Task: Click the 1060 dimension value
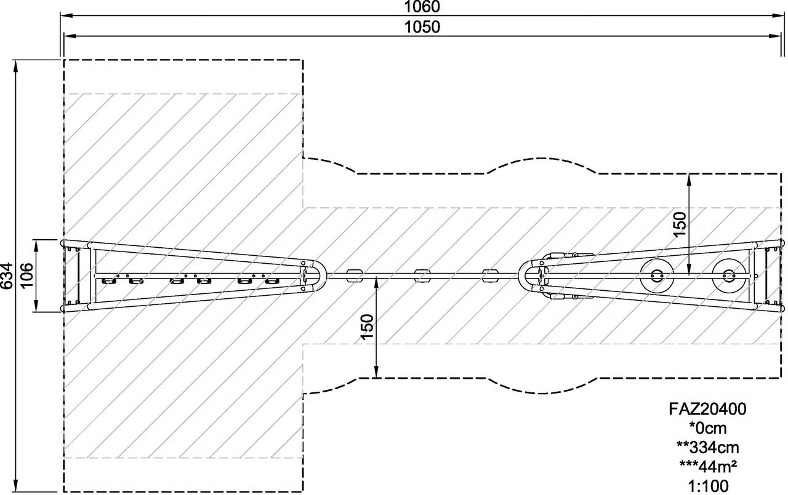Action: pos(422,7)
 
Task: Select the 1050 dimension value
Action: pos(422,27)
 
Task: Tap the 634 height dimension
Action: pos(7,276)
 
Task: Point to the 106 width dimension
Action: pos(27,275)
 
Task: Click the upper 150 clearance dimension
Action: pos(680,225)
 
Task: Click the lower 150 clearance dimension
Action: pos(368,327)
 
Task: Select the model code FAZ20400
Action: pos(707,409)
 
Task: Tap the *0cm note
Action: pos(708,428)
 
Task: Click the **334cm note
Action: pos(708,447)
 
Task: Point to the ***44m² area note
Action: pos(708,466)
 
